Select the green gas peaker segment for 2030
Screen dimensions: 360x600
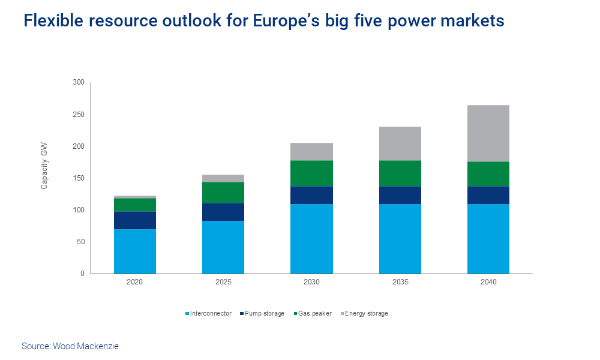tap(311, 173)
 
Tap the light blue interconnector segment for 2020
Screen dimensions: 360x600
tap(135, 251)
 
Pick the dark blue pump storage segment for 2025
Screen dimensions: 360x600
tap(223, 212)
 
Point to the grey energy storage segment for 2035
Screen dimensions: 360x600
tap(400, 143)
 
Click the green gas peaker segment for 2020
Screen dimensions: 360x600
tap(135, 205)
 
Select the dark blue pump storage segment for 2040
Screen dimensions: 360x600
tap(488, 195)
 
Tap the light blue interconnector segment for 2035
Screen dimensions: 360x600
tap(400, 239)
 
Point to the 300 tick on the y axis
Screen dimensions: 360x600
tap(79, 82)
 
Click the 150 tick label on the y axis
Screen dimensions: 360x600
tap(79, 178)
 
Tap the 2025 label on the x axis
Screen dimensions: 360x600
tap(223, 282)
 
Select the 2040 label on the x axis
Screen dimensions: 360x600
tap(488, 282)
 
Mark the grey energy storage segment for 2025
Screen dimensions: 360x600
tap(223, 178)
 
